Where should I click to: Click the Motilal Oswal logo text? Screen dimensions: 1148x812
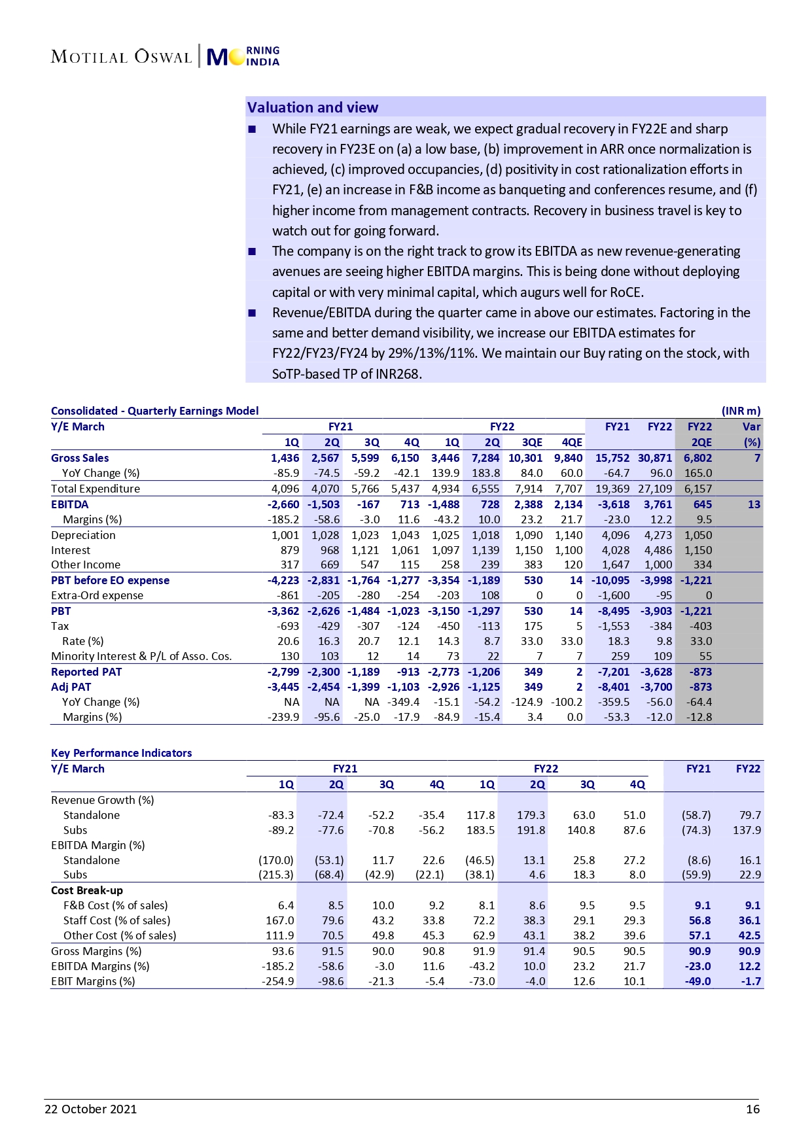pos(121,57)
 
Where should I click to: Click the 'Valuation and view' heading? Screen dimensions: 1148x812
pos(312,107)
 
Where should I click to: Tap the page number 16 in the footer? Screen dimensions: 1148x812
pos(752,1109)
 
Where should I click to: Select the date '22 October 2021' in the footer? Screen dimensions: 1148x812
pos(90,1109)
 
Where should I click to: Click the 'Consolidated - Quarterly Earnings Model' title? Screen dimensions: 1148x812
pos(154,411)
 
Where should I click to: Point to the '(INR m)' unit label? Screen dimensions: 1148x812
pos(741,411)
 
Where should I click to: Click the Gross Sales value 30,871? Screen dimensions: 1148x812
pos(655,458)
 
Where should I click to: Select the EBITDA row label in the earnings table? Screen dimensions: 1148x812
pos(69,504)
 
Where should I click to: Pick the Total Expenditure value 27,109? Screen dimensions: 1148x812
pos(655,489)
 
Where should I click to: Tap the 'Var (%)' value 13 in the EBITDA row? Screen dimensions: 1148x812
pos(754,504)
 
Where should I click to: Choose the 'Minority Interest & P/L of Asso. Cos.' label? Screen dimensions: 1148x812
pos(141,656)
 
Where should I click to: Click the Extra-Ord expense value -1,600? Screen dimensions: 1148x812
pos(614,595)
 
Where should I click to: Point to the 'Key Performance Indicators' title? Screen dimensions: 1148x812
pos(121,753)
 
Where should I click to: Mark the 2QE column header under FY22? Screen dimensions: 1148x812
pos(701,442)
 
